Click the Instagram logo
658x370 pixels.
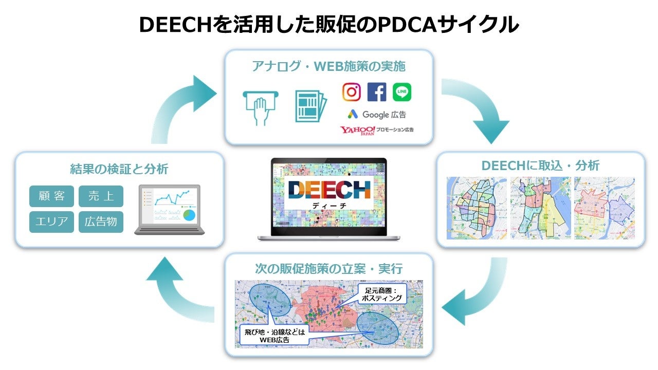tap(352, 92)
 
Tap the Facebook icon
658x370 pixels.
tap(377, 92)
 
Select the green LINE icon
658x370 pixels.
tap(402, 92)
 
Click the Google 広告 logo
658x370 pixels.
tap(376, 115)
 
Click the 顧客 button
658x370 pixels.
tap(51, 196)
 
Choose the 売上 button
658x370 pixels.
tap(101, 196)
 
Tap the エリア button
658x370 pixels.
tap(51, 222)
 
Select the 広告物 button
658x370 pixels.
tap(101, 222)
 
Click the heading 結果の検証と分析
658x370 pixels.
tap(119, 169)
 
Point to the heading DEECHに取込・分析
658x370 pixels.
tap(540, 165)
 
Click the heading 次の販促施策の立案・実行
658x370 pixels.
tap(329, 268)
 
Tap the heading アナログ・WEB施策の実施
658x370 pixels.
tap(328, 66)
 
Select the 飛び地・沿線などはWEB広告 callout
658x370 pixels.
tap(273, 336)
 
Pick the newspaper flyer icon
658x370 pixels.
tap(310, 106)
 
